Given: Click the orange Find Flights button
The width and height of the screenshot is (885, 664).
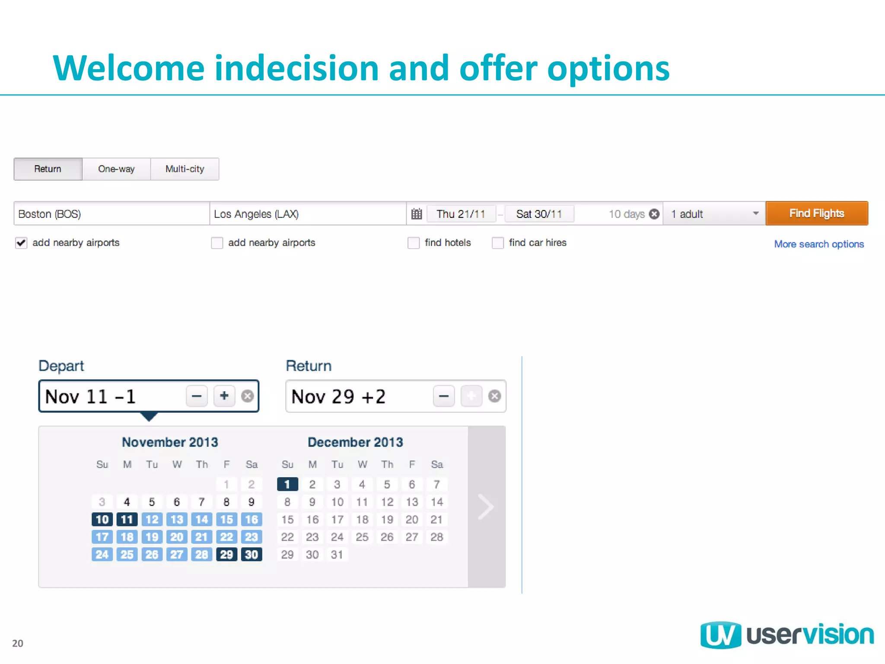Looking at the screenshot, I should click(x=816, y=214).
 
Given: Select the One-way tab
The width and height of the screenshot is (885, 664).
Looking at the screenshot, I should click(x=116, y=169).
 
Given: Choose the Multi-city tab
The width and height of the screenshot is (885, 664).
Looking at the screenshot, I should click(x=185, y=169).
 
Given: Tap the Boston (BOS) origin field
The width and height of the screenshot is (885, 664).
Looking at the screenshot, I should click(x=111, y=214).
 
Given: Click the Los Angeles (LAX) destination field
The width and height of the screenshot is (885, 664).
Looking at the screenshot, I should click(x=307, y=214).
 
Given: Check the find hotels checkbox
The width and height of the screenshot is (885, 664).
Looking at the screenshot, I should click(x=414, y=243).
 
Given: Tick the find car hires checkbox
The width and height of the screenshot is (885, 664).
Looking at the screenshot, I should click(x=498, y=243).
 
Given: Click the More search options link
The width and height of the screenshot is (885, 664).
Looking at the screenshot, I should click(x=819, y=244).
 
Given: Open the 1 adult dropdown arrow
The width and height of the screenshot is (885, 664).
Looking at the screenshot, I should click(x=755, y=214).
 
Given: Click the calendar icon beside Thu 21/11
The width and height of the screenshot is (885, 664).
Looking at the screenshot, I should click(x=417, y=214).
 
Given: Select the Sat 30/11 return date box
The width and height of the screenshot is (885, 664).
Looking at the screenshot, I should click(x=539, y=214).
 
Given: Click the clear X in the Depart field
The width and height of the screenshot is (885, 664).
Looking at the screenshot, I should click(x=247, y=396).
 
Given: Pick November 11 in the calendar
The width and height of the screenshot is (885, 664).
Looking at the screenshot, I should click(x=127, y=520).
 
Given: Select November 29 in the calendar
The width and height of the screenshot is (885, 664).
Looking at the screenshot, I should click(x=226, y=555).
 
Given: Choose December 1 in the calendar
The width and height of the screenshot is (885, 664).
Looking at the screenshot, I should click(x=287, y=485).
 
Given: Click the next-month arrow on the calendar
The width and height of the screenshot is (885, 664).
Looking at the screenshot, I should click(x=486, y=507).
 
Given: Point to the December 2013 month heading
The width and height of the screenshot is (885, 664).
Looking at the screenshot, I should click(x=355, y=442).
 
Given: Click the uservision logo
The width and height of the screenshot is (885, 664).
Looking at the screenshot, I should click(x=787, y=635).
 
